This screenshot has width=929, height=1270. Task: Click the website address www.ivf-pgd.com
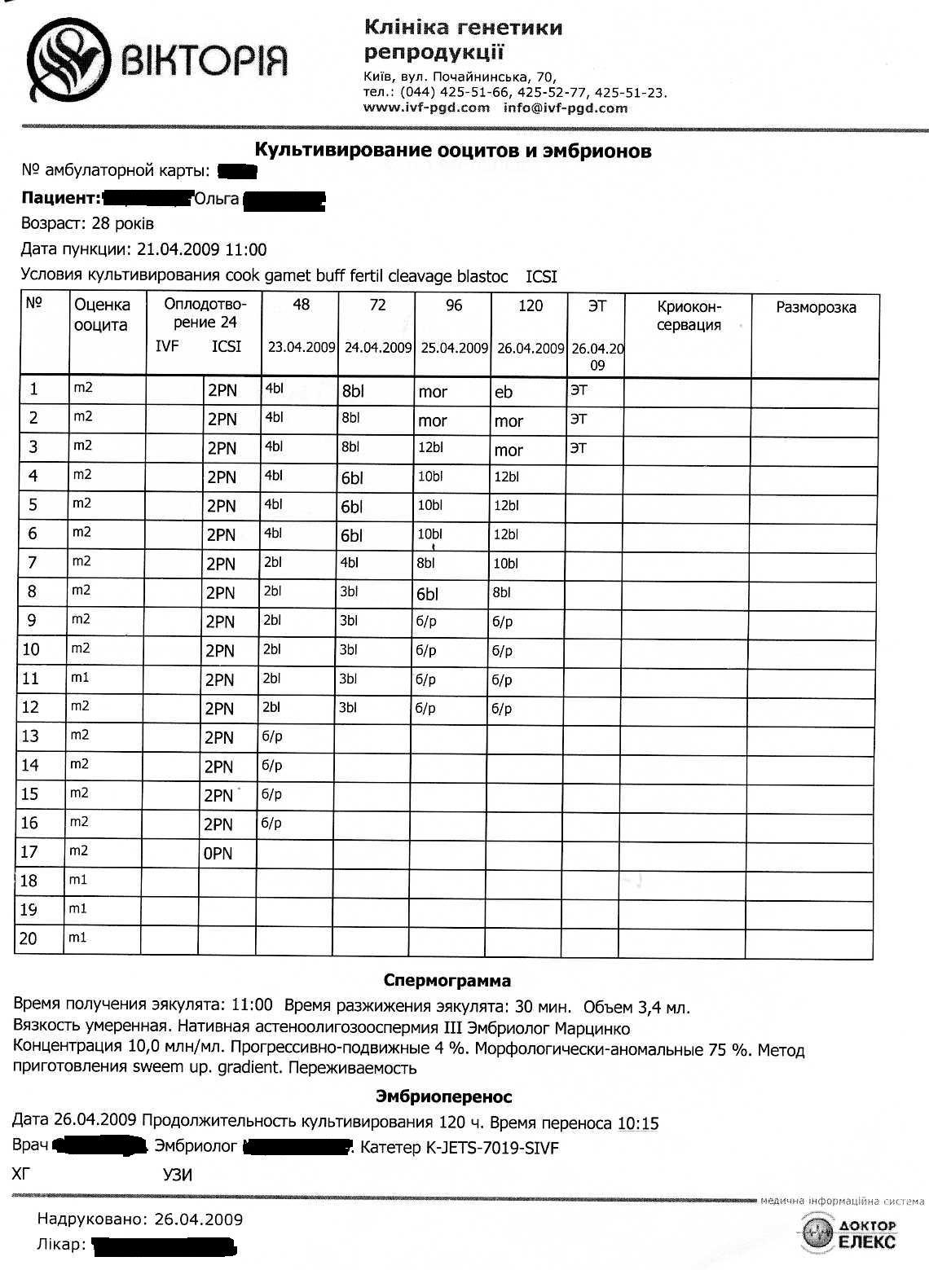[426, 108]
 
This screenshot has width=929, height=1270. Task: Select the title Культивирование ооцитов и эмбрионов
[453, 151]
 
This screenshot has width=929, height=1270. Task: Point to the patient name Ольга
[217, 199]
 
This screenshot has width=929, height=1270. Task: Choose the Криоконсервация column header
[689, 315]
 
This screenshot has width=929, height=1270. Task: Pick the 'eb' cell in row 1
[504, 392]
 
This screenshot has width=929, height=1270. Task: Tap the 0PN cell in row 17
[218, 853]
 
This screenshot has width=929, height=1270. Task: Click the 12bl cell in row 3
[430, 447]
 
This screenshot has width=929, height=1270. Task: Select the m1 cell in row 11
[80, 678]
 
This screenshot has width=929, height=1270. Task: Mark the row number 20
[29, 938]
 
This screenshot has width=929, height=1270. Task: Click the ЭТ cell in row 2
[578, 420]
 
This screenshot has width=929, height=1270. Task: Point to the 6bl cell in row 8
[427, 594]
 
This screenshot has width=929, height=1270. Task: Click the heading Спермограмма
[447, 981]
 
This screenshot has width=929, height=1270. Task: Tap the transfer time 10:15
[638, 1123]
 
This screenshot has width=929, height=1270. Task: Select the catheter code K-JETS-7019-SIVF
[491, 1148]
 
